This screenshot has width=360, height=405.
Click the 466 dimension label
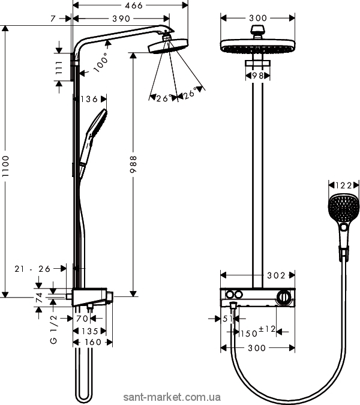[x=133, y=5]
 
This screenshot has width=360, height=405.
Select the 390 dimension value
[x=121, y=19]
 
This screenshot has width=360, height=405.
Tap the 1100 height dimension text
[x=5, y=166]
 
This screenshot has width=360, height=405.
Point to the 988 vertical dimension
[x=133, y=164]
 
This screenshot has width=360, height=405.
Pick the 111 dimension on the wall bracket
[x=59, y=67]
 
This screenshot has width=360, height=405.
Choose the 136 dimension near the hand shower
[x=89, y=99]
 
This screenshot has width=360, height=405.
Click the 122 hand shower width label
[x=343, y=185]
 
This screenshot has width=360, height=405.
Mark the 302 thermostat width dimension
[x=276, y=275]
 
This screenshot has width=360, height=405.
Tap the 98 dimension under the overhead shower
[x=257, y=76]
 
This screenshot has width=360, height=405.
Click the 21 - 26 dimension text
[x=32, y=269]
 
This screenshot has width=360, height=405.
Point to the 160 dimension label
[x=93, y=342]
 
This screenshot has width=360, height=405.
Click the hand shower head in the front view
[x=343, y=207]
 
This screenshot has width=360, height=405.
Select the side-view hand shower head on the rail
[x=97, y=122]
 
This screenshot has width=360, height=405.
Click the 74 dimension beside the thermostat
[x=39, y=298]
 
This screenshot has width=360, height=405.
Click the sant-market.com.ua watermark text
[x=172, y=397]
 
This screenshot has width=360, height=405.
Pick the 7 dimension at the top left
[x=53, y=19]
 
